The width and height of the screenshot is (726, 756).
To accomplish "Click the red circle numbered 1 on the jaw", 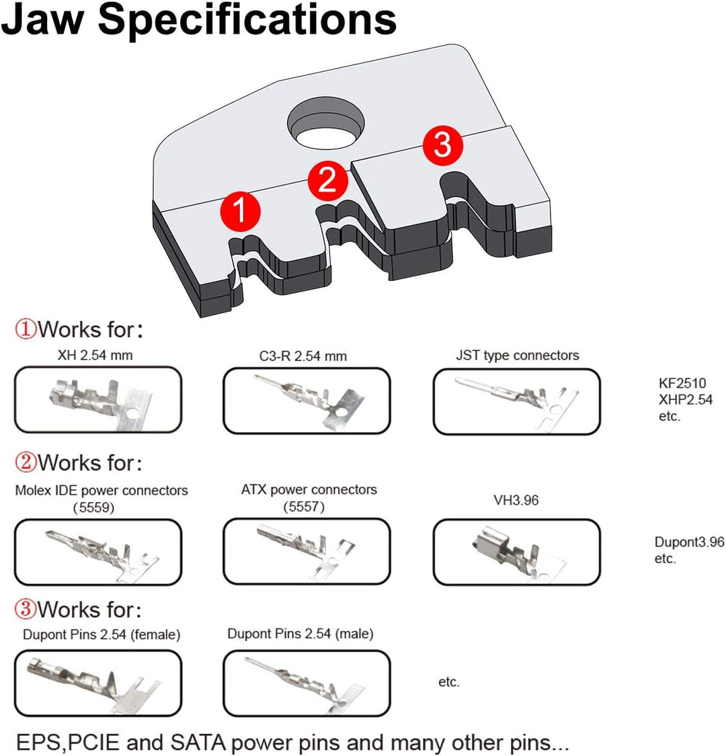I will pyautogui.click(x=240, y=212).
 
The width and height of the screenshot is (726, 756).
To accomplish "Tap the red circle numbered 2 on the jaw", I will pyautogui.click(x=327, y=180).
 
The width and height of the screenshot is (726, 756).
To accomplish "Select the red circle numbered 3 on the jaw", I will pyautogui.click(x=442, y=144).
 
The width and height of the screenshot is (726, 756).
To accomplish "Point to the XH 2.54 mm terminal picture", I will pyautogui.click(x=98, y=400).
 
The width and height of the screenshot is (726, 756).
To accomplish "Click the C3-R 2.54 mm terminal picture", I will pyautogui.click(x=307, y=401).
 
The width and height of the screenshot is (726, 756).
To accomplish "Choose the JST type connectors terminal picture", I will pyautogui.click(x=516, y=401).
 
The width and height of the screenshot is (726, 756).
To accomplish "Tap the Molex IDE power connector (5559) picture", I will pyautogui.click(x=98, y=552).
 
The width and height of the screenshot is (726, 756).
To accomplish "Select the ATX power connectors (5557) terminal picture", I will pyautogui.click(x=307, y=552).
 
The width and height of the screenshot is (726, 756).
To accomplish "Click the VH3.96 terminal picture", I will pyautogui.click(x=516, y=552).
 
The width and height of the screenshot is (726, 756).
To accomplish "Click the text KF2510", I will pyautogui.click(x=682, y=384).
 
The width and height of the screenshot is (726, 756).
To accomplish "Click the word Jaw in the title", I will pyautogui.click(x=44, y=20).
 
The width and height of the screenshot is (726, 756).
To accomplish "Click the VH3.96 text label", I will pyautogui.click(x=516, y=501).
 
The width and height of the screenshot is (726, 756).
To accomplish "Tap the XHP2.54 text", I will pyautogui.click(x=686, y=400).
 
